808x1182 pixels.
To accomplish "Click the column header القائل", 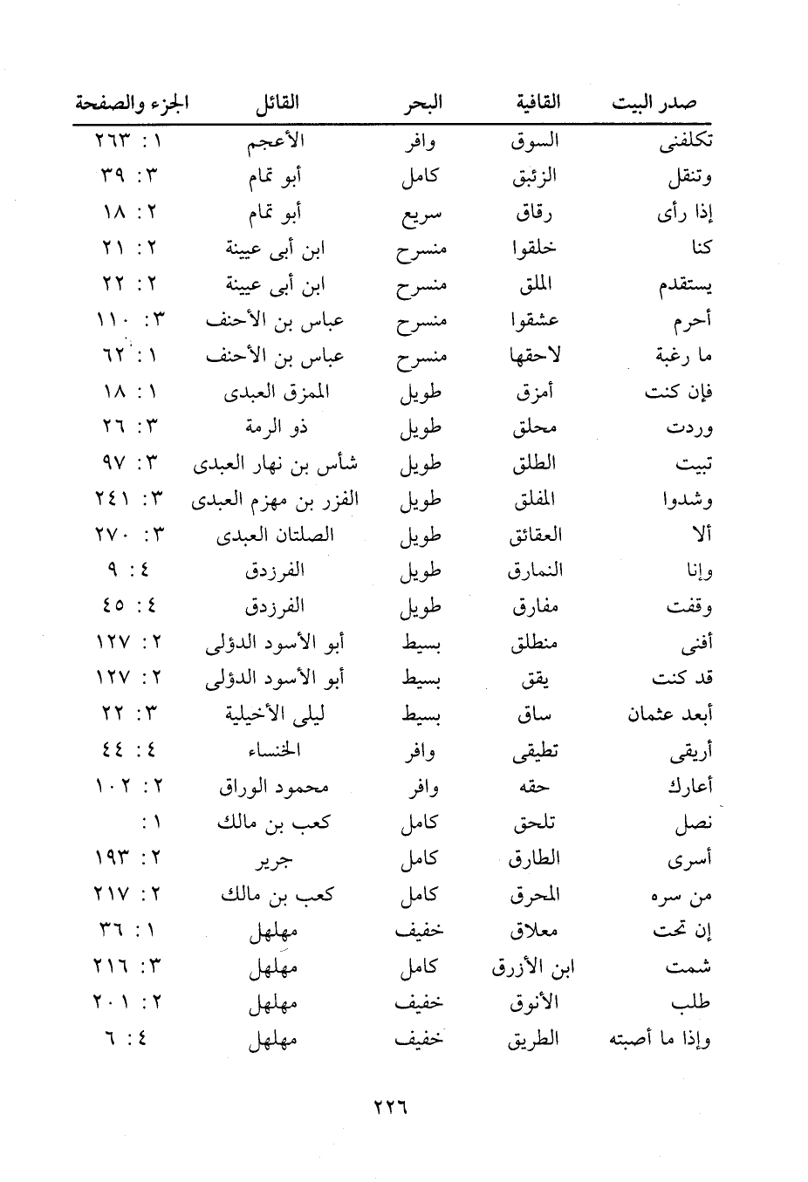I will (x=277, y=103).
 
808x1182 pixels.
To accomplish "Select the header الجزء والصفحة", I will (x=132, y=103).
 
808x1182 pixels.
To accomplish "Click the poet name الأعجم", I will (x=276, y=141).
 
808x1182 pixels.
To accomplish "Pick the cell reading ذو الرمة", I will (x=276, y=427).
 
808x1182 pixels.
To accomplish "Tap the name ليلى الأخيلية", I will (x=276, y=714).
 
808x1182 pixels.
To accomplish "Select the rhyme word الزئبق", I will (x=534, y=177).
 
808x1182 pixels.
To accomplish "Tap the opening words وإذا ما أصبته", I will (x=660, y=1040).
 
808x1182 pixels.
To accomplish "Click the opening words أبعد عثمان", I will (x=669, y=714).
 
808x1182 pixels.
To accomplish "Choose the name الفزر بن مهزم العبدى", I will (x=275, y=500).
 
